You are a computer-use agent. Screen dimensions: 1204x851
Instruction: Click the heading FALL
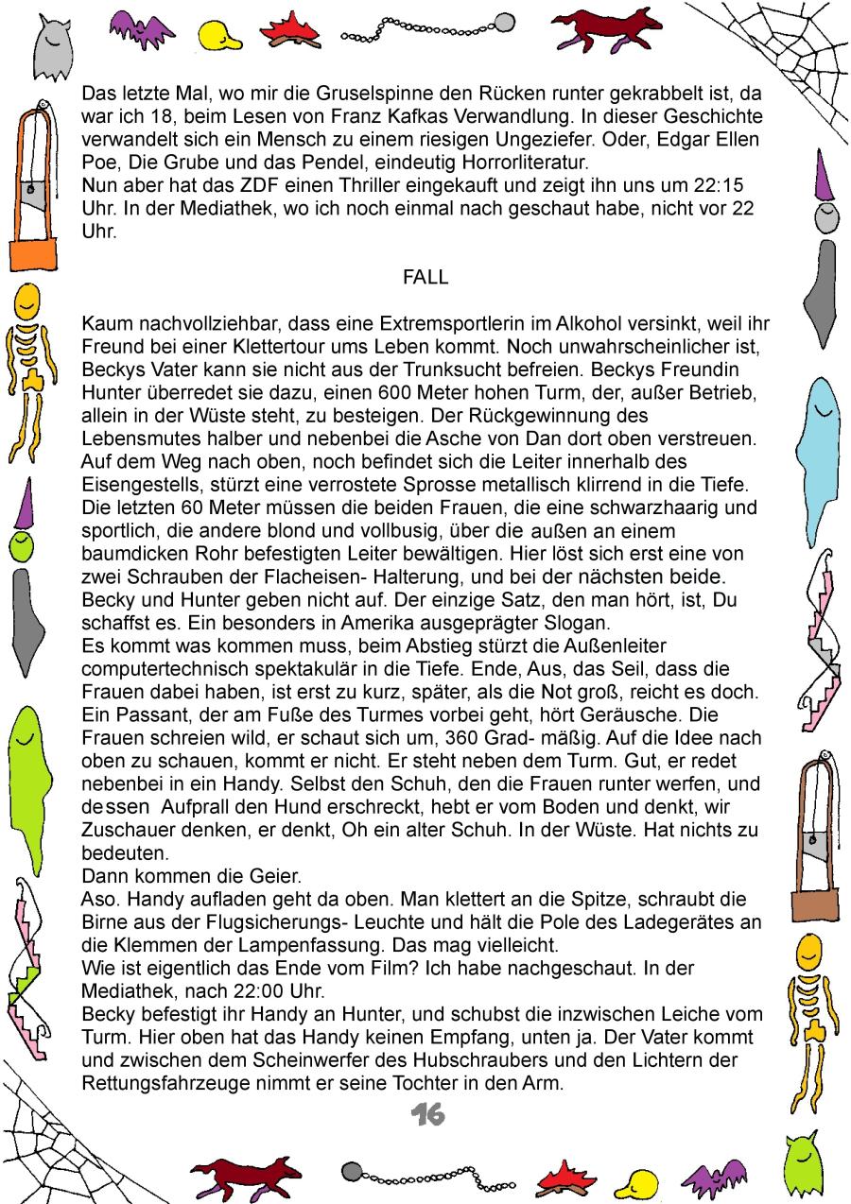coord(425,278)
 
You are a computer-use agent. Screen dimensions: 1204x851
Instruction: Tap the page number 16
coord(427,1115)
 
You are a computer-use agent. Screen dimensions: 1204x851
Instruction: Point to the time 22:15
coord(727,185)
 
